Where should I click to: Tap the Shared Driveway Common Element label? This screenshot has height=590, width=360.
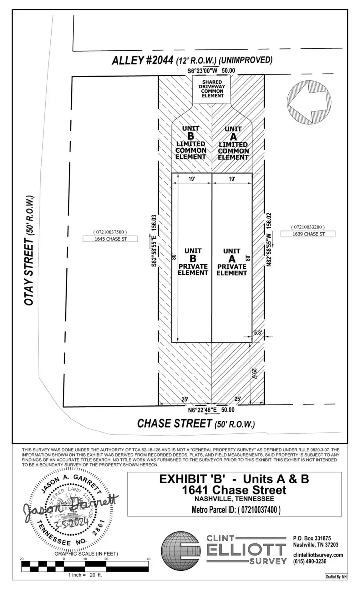pyautogui.click(x=212, y=89)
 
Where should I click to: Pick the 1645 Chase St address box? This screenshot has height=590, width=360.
pyautogui.click(x=110, y=239)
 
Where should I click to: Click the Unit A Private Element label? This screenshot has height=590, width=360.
pyautogui.click(x=232, y=262)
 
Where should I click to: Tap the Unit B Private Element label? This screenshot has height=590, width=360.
pyautogui.click(x=193, y=262)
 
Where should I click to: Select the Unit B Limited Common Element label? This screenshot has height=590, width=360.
pyautogui.click(x=191, y=143)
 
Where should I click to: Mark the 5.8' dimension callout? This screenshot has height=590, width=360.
pyautogui.click(x=258, y=332)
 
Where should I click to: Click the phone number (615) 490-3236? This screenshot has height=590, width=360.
pyautogui.click(x=310, y=561)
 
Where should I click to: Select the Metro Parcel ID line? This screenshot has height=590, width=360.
pyautogui.click(x=236, y=510)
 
